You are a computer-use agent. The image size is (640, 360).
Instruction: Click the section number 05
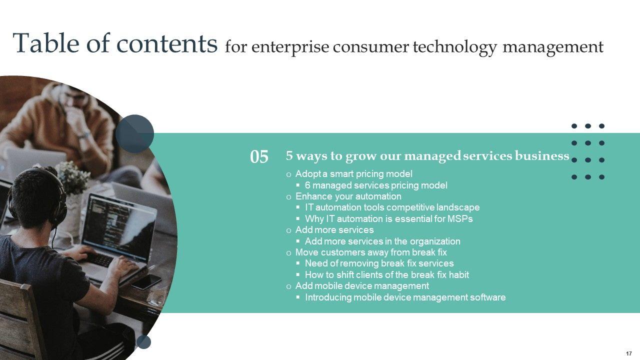coord(259,157)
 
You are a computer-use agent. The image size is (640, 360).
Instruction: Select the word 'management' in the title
coord(553,47)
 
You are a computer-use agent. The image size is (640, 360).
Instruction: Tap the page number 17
coord(628,353)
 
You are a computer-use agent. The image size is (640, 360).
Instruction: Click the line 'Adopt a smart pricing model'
coord(353,173)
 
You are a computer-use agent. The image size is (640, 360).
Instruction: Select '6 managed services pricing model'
coord(376,185)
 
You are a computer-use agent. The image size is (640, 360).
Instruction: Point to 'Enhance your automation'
coord(348,196)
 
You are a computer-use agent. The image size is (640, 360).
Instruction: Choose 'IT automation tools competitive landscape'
coord(392,207)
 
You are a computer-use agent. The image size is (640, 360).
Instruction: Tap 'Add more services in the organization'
coord(382,241)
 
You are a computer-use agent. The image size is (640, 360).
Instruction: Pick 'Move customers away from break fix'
coord(371,252)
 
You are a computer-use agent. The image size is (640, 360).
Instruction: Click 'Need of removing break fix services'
coord(379,263)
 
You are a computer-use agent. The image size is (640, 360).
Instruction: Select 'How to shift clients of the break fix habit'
coord(387,275)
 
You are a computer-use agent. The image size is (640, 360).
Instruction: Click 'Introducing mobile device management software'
coord(405,297)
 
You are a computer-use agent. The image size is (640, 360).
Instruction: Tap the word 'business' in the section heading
coord(542,155)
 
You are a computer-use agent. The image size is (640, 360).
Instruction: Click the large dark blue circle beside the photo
coord(134,134)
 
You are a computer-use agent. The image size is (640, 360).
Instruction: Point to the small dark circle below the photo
coord(143,342)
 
